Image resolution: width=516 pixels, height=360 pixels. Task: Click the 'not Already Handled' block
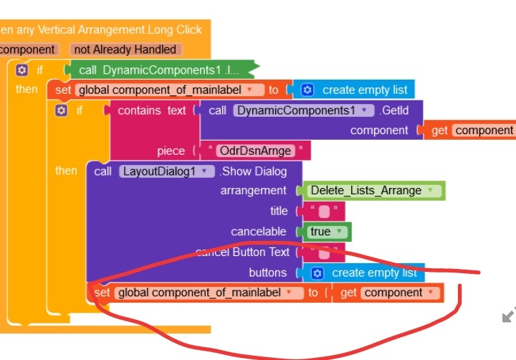(x=126, y=49)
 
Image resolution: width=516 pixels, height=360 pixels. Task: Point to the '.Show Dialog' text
(x=253, y=171)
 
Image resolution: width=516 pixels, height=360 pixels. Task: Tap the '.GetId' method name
(x=398, y=110)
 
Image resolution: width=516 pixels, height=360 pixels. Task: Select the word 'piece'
(x=171, y=151)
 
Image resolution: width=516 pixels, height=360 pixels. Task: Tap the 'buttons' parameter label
(x=267, y=273)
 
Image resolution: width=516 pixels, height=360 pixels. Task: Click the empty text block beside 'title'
(x=324, y=212)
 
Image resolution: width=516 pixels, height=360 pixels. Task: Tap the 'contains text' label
(x=151, y=110)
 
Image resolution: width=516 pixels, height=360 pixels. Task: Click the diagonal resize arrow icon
(x=509, y=315)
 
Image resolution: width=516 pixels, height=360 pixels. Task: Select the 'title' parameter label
(x=279, y=211)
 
